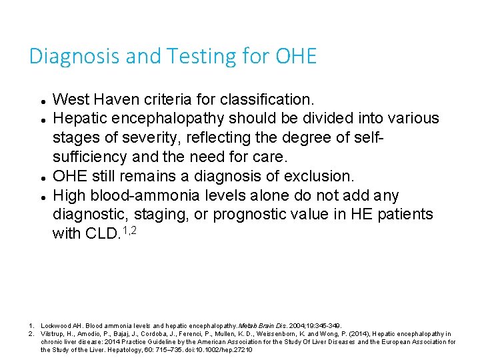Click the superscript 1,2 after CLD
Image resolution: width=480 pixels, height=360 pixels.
point(131,229)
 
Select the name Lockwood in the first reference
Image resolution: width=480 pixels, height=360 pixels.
point(56,325)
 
